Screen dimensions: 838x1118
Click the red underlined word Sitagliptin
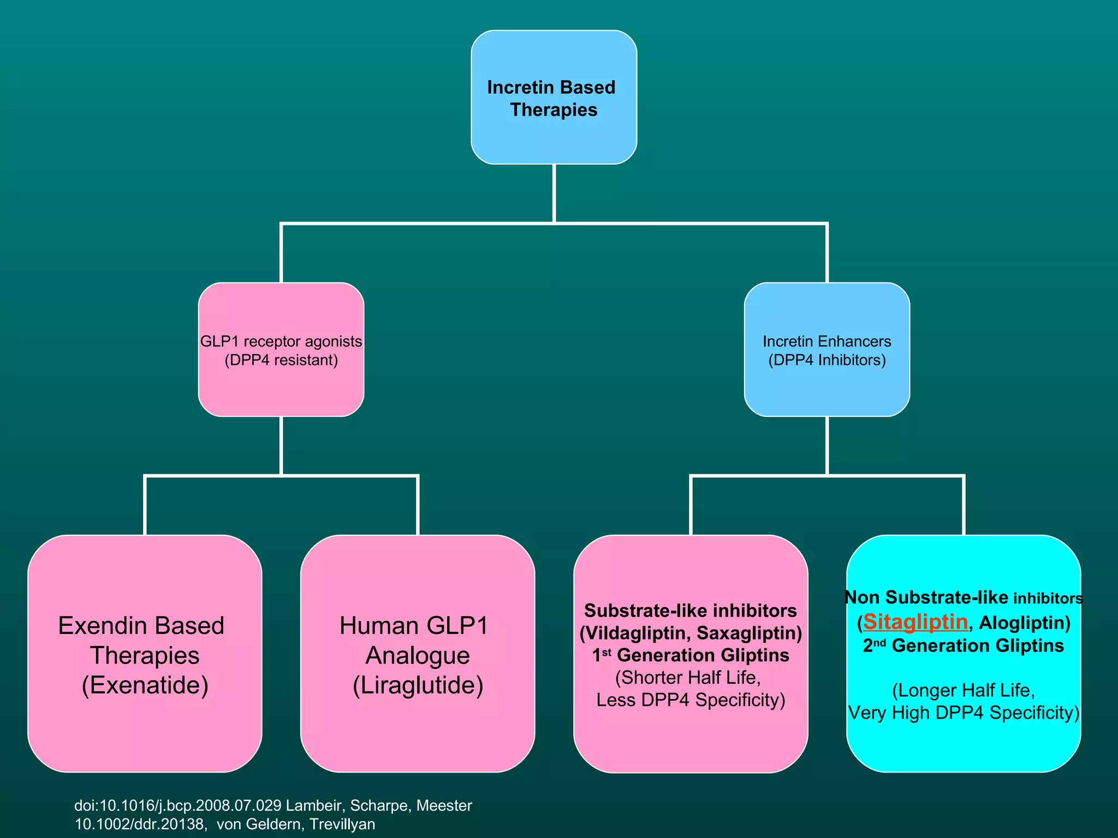pyautogui.click(x=915, y=622)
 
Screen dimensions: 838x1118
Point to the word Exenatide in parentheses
pyautogui.click(x=145, y=685)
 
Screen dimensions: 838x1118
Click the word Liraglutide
pyautogui.click(x=418, y=685)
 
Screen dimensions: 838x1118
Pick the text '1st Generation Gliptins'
pyautogui.click(x=691, y=655)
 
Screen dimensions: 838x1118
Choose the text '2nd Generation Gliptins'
pyautogui.click(x=964, y=646)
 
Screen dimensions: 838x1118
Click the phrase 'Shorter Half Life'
pyautogui.click(x=688, y=678)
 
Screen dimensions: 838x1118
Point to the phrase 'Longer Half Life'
pyautogui.click(x=964, y=691)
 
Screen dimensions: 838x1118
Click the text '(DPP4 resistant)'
pyautogui.click(x=281, y=360)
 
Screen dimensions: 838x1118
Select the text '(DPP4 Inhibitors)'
pyautogui.click(x=827, y=360)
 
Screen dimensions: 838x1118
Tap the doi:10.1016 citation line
pyautogui.click(x=273, y=805)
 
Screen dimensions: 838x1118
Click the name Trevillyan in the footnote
pyautogui.click(x=342, y=824)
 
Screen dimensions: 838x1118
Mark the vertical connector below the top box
pyautogui.click(x=554, y=193)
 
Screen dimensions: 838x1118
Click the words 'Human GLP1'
pyautogui.click(x=414, y=626)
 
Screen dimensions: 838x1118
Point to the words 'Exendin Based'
pyautogui.click(x=141, y=626)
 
